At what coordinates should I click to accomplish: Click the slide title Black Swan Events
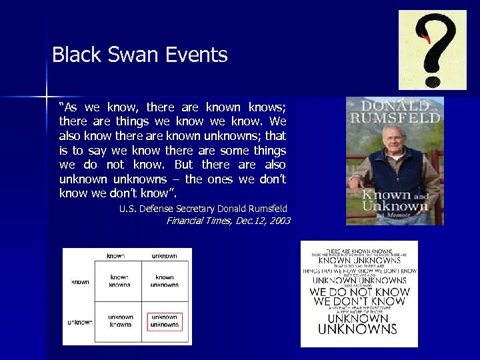[x=140, y=55]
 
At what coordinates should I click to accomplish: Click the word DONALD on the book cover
[x=394, y=106]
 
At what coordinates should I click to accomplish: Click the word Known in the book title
[x=383, y=195]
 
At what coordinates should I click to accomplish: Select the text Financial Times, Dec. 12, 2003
[x=228, y=221]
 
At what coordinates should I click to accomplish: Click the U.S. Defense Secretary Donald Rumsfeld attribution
[x=203, y=209]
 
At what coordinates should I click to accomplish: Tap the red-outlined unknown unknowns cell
[x=165, y=321]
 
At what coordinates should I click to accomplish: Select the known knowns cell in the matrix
[x=120, y=281]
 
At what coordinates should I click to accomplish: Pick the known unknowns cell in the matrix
[x=165, y=281]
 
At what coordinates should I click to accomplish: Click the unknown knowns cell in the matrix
[x=120, y=321]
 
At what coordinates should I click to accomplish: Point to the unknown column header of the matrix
[x=165, y=255]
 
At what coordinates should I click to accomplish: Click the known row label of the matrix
[x=80, y=282]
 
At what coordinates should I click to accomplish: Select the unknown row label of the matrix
[x=80, y=322]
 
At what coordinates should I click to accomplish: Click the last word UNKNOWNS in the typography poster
[x=358, y=329]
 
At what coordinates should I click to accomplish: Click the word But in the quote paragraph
[x=183, y=165]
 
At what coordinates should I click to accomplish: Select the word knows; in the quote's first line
[x=267, y=107]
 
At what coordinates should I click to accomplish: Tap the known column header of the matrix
[x=116, y=255]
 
